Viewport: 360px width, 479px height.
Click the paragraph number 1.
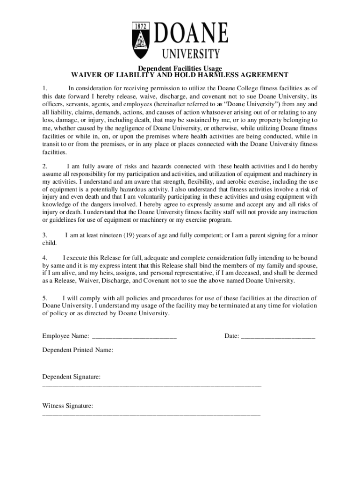point(45,88)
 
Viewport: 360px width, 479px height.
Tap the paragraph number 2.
point(45,166)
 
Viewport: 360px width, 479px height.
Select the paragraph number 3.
point(45,235)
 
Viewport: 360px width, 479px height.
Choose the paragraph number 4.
point(45,258)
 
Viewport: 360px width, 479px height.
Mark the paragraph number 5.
point(45,298)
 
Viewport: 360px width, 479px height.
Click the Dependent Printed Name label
point(78,349)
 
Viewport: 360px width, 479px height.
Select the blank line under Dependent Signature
point(151,385)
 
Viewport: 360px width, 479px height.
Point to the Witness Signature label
point(68,406)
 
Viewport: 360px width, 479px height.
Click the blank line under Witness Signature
point(151,414)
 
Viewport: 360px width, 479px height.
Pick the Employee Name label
point(66,336)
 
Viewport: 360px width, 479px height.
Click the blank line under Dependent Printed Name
point(151,358)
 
